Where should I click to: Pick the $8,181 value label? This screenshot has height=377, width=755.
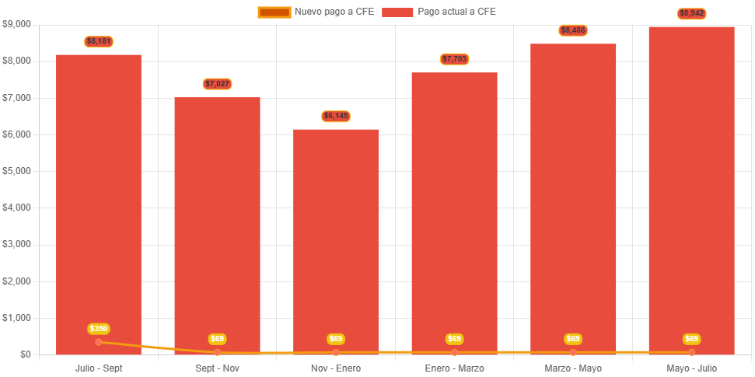99,41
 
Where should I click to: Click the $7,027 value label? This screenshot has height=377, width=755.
217,84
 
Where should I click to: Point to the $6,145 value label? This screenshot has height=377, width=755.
336,117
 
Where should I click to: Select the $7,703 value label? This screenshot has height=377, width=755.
454,59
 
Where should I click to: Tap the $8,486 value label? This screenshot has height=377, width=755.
573,30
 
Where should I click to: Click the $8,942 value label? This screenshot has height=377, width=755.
691,13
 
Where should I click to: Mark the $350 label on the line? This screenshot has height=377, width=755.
99,329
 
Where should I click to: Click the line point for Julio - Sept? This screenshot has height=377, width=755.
99,342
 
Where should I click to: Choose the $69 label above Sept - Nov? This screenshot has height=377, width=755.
217,339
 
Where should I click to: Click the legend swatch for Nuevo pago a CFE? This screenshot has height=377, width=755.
274,12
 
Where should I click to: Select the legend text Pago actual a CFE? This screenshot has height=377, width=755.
456,12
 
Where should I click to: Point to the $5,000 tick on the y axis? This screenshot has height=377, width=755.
16,171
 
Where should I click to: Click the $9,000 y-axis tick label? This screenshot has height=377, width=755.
16,24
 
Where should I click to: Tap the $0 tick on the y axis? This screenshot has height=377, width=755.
26,354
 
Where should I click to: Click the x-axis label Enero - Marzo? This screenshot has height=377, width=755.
454,368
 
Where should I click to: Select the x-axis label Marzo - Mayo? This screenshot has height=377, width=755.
573,368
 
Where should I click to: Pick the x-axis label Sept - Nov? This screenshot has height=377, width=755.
217,368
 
